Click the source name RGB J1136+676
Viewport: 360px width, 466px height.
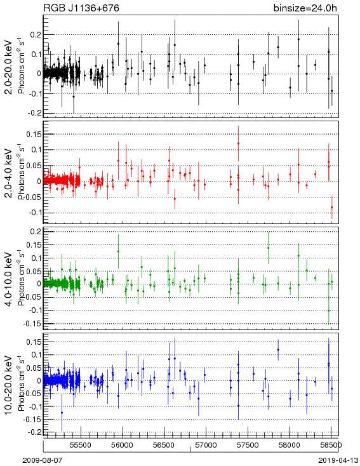pos(81,8)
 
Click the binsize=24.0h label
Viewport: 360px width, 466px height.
pos(305,8)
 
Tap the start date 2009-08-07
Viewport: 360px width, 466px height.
pos(43,460)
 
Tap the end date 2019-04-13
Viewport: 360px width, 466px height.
pos(338,460)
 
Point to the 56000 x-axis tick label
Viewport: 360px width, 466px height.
pos(123,445)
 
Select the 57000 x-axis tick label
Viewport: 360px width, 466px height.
pos(206,445)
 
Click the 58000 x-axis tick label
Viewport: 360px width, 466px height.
pos(290,445)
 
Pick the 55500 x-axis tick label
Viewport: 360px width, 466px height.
pos(81,445)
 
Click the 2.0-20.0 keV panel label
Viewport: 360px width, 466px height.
pos(9,67)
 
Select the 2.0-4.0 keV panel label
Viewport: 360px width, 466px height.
pos(9,173)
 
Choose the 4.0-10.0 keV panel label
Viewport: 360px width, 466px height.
pos(9,279)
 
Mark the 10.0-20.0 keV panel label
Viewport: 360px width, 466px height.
pos(9,385)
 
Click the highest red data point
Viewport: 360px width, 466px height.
pos(239,143)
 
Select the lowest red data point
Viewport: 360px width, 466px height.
pos(332,208)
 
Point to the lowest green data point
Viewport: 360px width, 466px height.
pos(329,310)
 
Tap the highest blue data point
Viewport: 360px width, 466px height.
pos(278,350)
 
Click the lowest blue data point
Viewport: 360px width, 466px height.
pos(62,413)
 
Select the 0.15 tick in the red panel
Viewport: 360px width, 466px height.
pos(33,135)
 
